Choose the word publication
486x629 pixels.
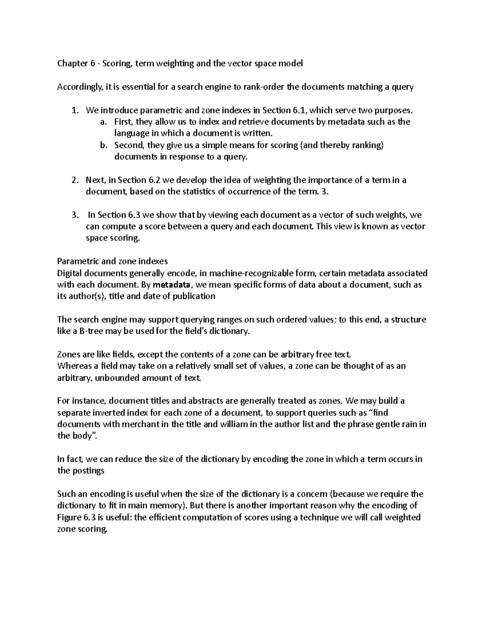(x=194, y=296)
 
